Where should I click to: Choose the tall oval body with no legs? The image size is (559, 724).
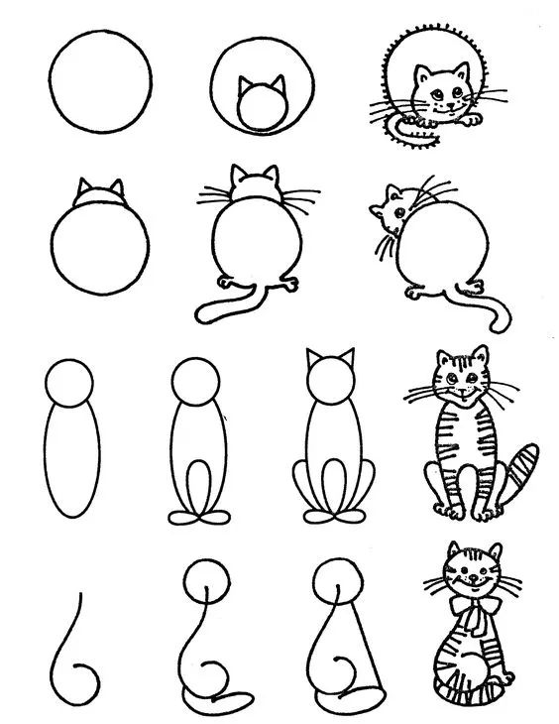(70, 461)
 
